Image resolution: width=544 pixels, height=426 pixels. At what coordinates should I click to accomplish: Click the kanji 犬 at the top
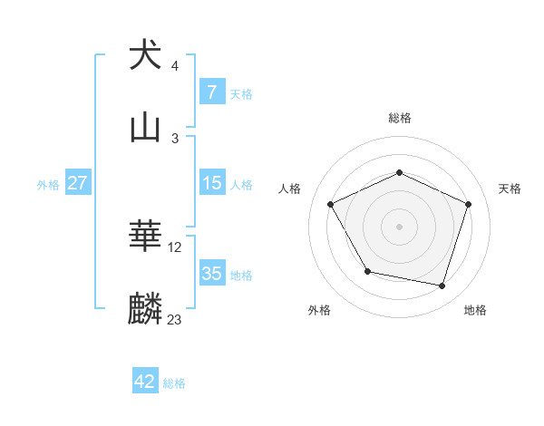tap(145, 55)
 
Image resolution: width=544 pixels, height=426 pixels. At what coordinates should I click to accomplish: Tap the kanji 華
tap(145, 237)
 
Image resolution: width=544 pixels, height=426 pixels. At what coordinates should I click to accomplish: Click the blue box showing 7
tap(211, 92)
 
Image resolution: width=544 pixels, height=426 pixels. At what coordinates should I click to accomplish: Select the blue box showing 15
tap(211, 183)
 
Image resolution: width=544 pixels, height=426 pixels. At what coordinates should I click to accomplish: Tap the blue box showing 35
tap(211, 274)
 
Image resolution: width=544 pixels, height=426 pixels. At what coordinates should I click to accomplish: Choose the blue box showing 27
tap(78, 183)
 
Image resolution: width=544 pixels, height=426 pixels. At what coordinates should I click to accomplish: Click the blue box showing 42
tap(145, 382)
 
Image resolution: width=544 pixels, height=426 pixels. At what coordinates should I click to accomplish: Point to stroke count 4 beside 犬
tap(175, 66)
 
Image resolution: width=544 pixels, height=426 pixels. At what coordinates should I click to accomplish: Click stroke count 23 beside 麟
tap(175, 320)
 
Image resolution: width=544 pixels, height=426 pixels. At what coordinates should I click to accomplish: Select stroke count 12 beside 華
tap(175, 247)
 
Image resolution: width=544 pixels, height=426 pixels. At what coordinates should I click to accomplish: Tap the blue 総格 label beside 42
tap(174, 383)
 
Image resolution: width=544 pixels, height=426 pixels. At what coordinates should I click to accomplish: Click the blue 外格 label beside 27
tap(48, 184)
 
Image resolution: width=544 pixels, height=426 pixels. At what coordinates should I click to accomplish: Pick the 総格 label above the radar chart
tap(400, 118)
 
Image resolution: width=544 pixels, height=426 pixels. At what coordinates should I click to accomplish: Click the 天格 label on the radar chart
tap(510, 189)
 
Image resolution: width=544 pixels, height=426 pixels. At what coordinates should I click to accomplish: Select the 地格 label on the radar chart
tap(475, 310)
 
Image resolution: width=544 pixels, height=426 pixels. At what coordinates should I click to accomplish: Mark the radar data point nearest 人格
tap(331, 204)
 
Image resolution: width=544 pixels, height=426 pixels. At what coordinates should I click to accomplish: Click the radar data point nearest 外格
tap(367, 271)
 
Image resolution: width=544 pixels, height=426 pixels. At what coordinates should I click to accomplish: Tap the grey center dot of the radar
tap(400, 226)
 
